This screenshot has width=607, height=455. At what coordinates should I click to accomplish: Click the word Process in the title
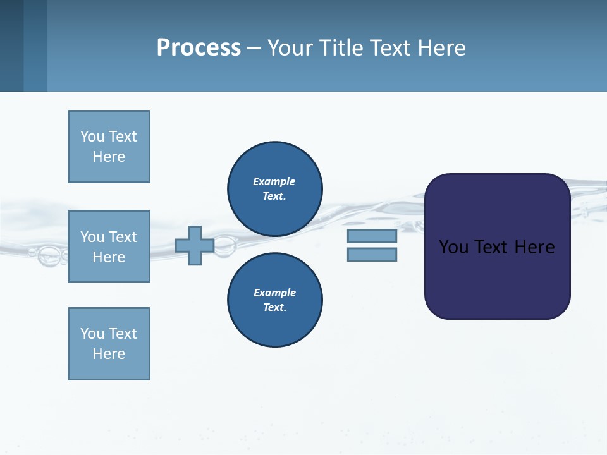[x=199, y=48]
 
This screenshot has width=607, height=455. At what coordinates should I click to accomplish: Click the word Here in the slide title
[x=441, y=48]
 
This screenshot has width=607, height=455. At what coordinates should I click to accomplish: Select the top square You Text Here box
[x=109, y=147]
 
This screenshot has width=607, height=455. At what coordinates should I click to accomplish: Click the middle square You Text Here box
[x=109, y=246]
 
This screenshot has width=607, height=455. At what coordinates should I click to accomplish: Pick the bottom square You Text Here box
[x=109, y=344]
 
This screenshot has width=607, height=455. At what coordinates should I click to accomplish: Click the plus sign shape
[x=195, y=245]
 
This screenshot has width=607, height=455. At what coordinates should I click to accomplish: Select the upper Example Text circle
[x=275, y=189]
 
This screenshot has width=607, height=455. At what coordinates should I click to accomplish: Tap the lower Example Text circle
[x=275, y=300]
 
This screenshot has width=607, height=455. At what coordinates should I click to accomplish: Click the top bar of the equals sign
[x=372, y=236]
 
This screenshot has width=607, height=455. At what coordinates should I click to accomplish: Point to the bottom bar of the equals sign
[x=372, y=255]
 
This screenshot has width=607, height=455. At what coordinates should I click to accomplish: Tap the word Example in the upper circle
[x=274, y=181]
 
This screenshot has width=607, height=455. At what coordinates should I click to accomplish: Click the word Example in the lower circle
[x=274, y=293]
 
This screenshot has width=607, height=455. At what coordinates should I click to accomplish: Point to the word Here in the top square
[x=109, y=157]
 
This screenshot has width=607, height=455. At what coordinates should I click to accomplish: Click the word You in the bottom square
[x=92, y=334]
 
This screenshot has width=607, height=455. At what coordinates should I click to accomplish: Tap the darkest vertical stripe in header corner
[x=11, y=45]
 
